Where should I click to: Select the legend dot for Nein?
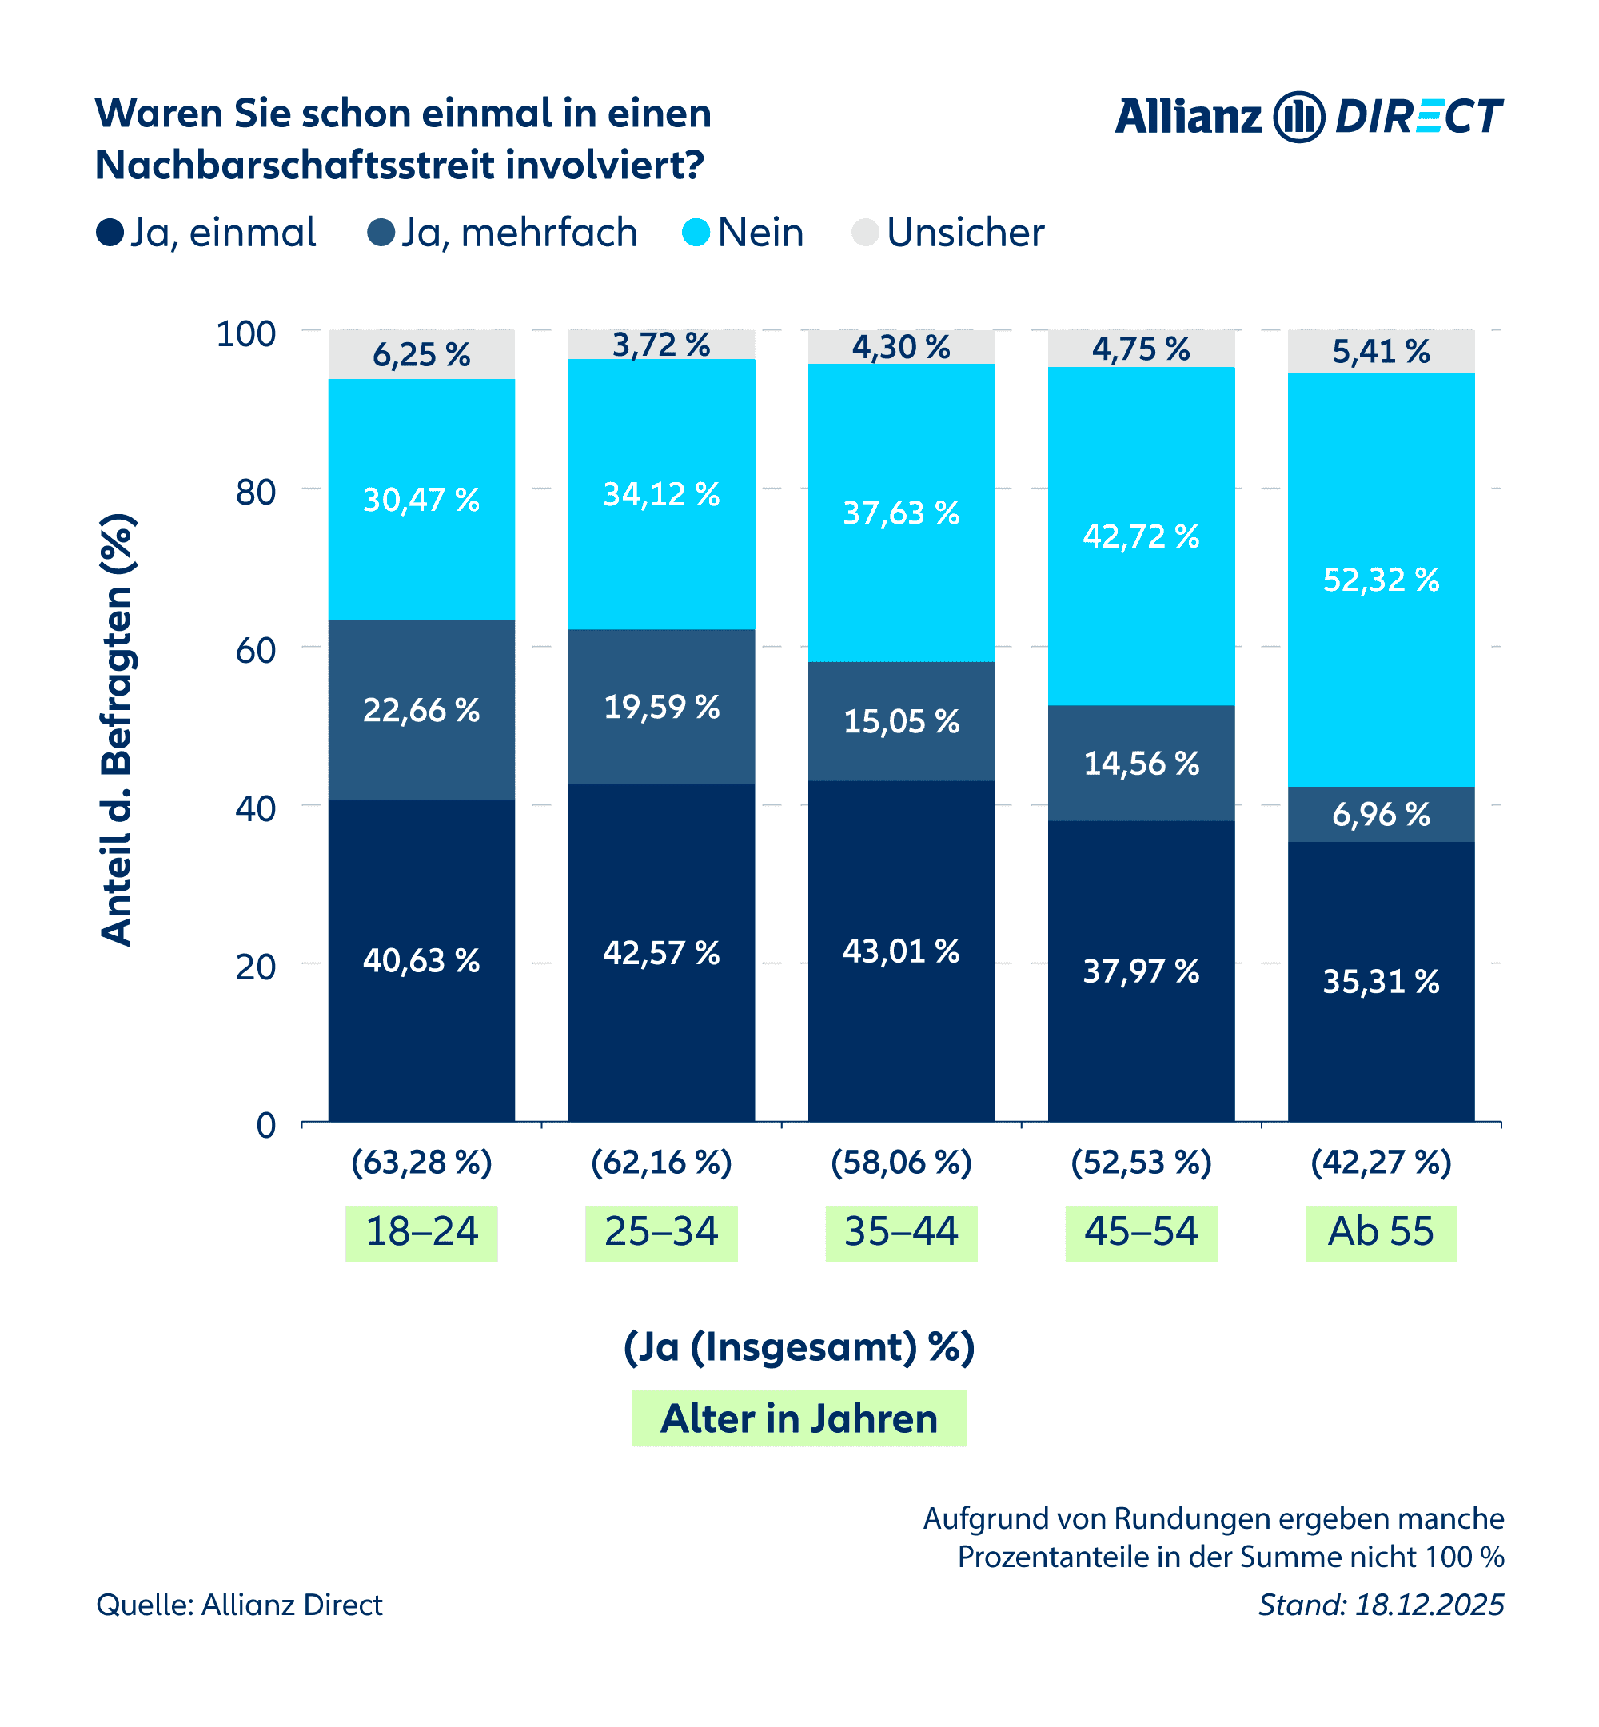696,233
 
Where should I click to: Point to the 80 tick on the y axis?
255,493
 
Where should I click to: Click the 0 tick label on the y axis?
266,1125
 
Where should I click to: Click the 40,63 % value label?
421,960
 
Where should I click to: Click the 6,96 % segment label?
1381,814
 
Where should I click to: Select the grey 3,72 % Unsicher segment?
661,345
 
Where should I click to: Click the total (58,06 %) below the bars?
901,1162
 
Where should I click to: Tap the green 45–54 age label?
1140,1232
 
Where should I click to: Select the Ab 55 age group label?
1381,1232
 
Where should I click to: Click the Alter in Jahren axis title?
799,1418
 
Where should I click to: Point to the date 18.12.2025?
1429,1605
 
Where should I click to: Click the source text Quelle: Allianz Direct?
239,1605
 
